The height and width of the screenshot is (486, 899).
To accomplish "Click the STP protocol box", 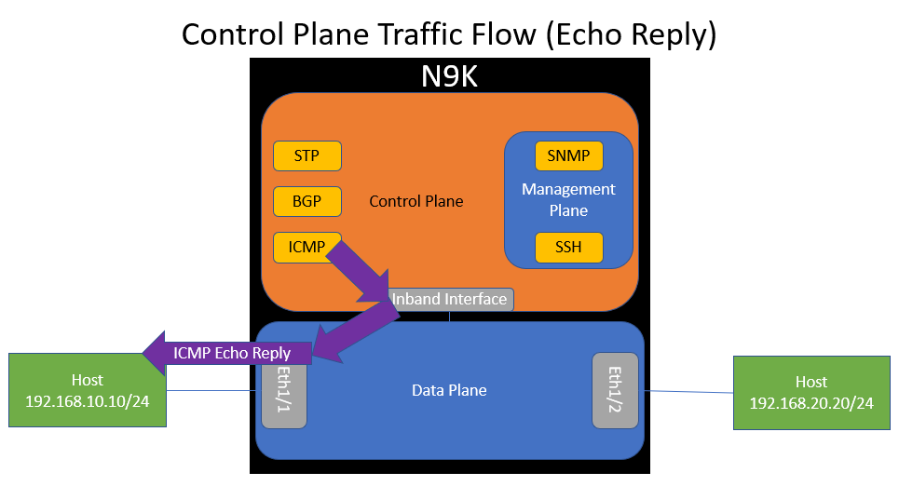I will coord(306,155).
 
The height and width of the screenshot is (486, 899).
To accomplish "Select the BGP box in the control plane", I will coord(306,201).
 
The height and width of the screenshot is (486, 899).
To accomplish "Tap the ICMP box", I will coord(306,247).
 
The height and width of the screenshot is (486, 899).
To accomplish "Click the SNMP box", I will coord(568,155).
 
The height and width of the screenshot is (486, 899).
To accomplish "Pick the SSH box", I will coord(568,247).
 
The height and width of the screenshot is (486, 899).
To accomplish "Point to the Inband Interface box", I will coord(451,299).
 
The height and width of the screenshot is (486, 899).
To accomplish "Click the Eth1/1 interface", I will coord(284,390).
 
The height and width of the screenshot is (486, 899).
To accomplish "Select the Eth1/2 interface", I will coord(615,390).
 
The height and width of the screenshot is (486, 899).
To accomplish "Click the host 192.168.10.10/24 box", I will coord(88,390).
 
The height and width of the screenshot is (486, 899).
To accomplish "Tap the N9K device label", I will coord(449,75).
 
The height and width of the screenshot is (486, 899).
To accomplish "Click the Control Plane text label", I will coord(416,201).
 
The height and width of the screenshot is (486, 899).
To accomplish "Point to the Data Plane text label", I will coord(449,390).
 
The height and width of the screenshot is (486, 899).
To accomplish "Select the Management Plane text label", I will coord(568,200).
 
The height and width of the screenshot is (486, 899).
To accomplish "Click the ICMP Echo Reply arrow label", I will coord(232,353).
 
